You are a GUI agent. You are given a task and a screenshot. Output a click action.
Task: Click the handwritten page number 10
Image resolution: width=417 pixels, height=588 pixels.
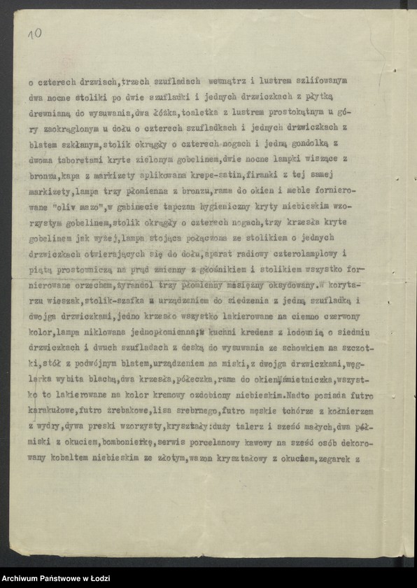click(35, 33)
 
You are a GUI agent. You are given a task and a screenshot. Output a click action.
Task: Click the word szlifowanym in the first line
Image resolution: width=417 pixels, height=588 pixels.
click(318, 81)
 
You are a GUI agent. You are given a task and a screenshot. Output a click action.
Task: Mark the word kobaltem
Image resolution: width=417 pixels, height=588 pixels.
click(66, 458)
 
